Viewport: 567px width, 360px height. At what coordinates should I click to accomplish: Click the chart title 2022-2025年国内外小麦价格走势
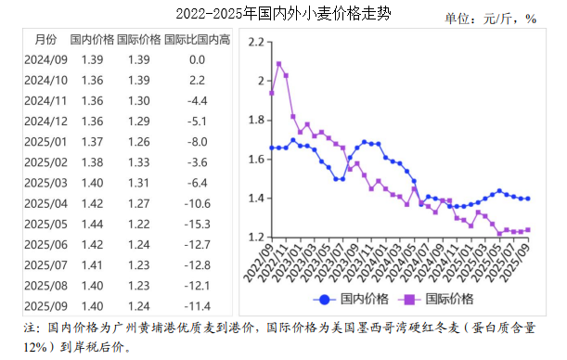coord(282,15)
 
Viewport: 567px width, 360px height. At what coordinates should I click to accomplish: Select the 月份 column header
coord(45,39)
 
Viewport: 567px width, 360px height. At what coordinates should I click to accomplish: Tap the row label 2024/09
coord(45,59)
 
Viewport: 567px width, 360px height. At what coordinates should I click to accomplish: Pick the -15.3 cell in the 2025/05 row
coord(197,225)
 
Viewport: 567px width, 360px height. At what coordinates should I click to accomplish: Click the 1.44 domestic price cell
coord(93,225)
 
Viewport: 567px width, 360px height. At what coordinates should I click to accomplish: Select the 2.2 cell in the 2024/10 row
coord(197,80)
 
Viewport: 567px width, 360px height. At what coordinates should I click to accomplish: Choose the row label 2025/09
coord(45,306)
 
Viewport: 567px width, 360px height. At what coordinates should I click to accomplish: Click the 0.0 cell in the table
coord(197,59)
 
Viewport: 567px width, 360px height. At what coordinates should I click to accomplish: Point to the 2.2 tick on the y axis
coord(256,42)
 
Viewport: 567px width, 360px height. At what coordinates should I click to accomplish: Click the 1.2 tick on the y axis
coord(256,238)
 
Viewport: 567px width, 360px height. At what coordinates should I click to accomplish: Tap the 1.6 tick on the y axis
coord(256,159)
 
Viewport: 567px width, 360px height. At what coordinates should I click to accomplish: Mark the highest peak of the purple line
coord(279,64)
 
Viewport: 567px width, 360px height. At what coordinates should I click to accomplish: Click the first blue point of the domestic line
coord(272,148)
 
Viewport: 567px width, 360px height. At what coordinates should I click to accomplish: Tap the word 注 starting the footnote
coord(31,328)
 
